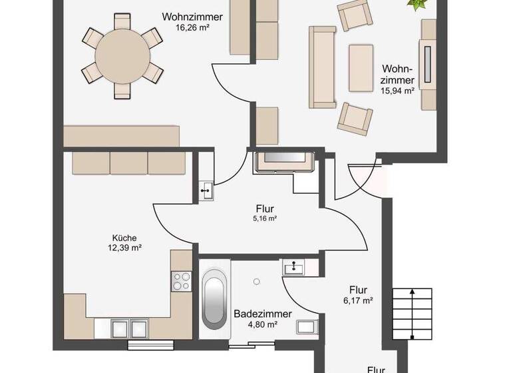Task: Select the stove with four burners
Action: (181, 282)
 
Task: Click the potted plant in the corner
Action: (417, 5)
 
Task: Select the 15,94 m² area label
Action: (399, 91)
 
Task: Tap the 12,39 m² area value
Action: (124, 248)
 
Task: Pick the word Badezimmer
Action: (255, 314)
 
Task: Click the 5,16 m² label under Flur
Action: (264, 218)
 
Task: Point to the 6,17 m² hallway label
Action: (359, 300)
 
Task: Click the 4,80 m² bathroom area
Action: (255, 324)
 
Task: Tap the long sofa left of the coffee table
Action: (323, 67)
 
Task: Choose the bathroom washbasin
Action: (292, 268)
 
